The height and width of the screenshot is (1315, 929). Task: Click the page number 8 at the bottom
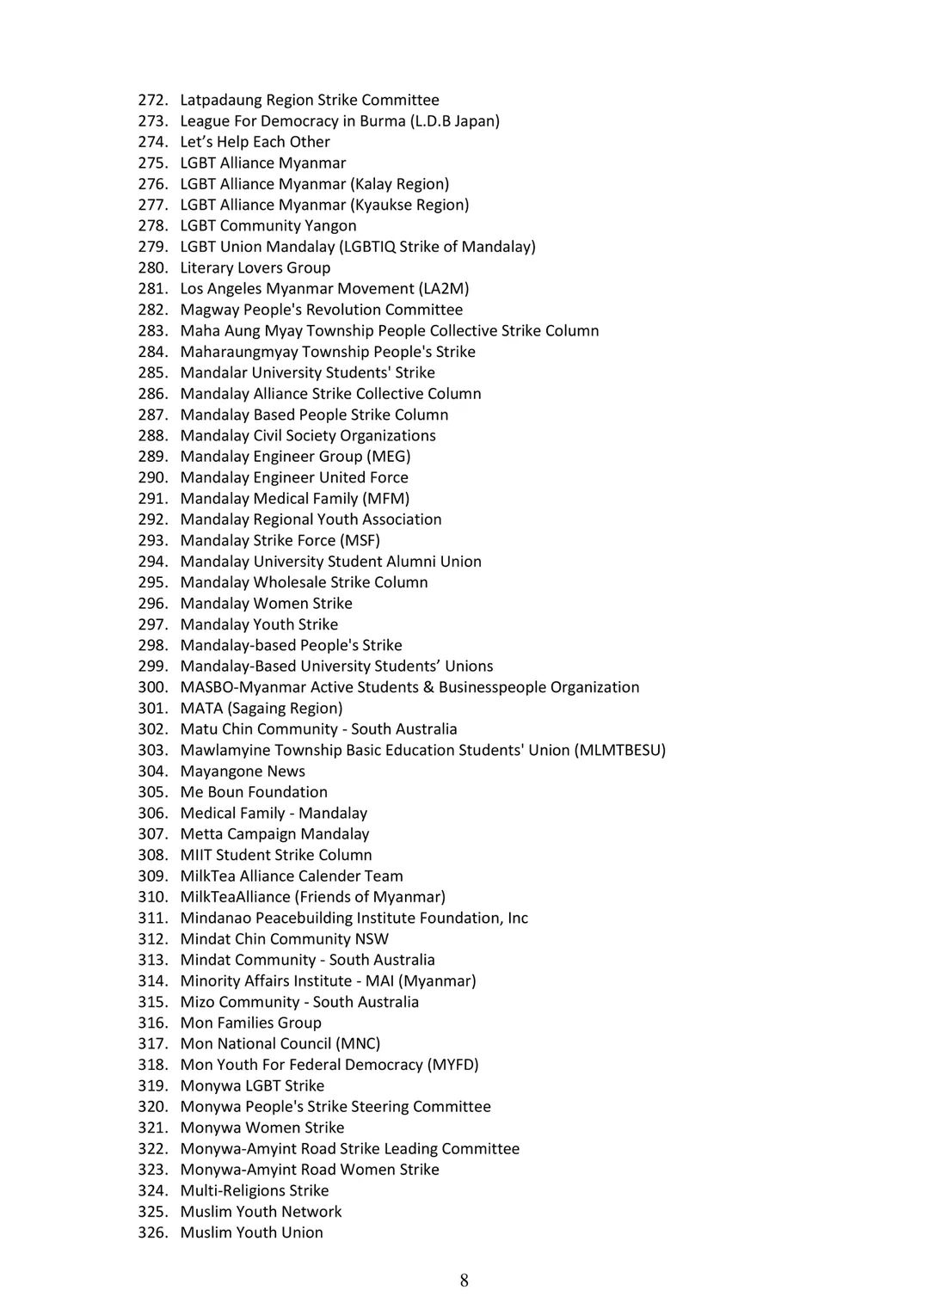(464, 1281)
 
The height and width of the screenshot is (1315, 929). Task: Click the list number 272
(151, 100)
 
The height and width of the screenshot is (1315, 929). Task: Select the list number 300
(151, 687)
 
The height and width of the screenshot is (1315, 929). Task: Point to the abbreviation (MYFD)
(453, 1065)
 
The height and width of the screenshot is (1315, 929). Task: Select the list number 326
(151, 1232)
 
